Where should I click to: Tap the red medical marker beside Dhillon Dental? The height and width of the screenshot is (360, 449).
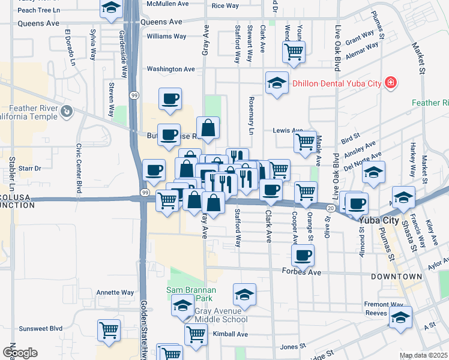click(x=391, y=82)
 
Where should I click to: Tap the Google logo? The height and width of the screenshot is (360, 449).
click(x=20, y=353)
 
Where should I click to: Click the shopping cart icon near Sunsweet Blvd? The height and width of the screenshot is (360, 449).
click(x=109, y=329)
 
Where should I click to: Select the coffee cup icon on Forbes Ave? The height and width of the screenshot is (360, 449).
click(x=303, y=256)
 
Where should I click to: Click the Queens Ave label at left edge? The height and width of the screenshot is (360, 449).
click(x=38, y=23)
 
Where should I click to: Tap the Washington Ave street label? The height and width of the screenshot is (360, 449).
click(x=171, y=69)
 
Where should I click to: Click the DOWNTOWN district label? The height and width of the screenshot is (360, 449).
click(x=396, y=277)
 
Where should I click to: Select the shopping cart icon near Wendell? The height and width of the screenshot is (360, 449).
click(x=294, y=52)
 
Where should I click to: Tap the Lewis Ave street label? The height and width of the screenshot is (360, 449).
click(x=288, y=130)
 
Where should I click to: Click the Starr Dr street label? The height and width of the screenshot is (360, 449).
click(x=29, y=169)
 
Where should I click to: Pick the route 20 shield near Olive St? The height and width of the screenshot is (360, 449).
click(x=331, y=207)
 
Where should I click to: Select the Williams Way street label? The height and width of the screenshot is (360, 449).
click(x=166, y=36)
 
